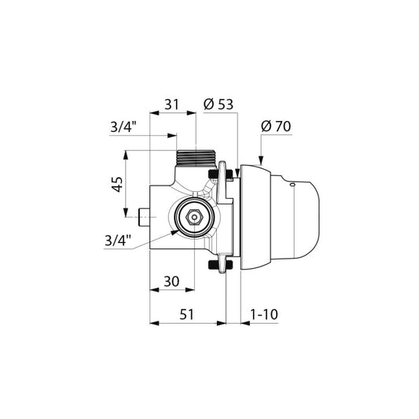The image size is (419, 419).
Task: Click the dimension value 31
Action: pyautogui.click(x=171, y=105)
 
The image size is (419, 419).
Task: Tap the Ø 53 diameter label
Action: pyautogui.click(x=219, y=104)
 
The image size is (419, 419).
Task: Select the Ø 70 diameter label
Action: pyautogui.click(x=276, y=126)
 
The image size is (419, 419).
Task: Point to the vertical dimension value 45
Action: pyautogui.click(x=117, y=184)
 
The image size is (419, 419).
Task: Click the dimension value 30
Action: pyautogui.click(x=171, y=281)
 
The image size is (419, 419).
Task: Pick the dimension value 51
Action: pyautogui.click(x=186, y=314)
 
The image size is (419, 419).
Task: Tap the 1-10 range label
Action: pyautogui.click(x=264, y=314)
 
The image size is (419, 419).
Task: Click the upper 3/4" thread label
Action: pyautogui.click(x=123, y=127)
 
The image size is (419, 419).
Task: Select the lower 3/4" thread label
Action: pyautogui.click(x=118, y=241)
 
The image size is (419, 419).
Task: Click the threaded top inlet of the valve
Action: pyautogui.click(x=195, y=158)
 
